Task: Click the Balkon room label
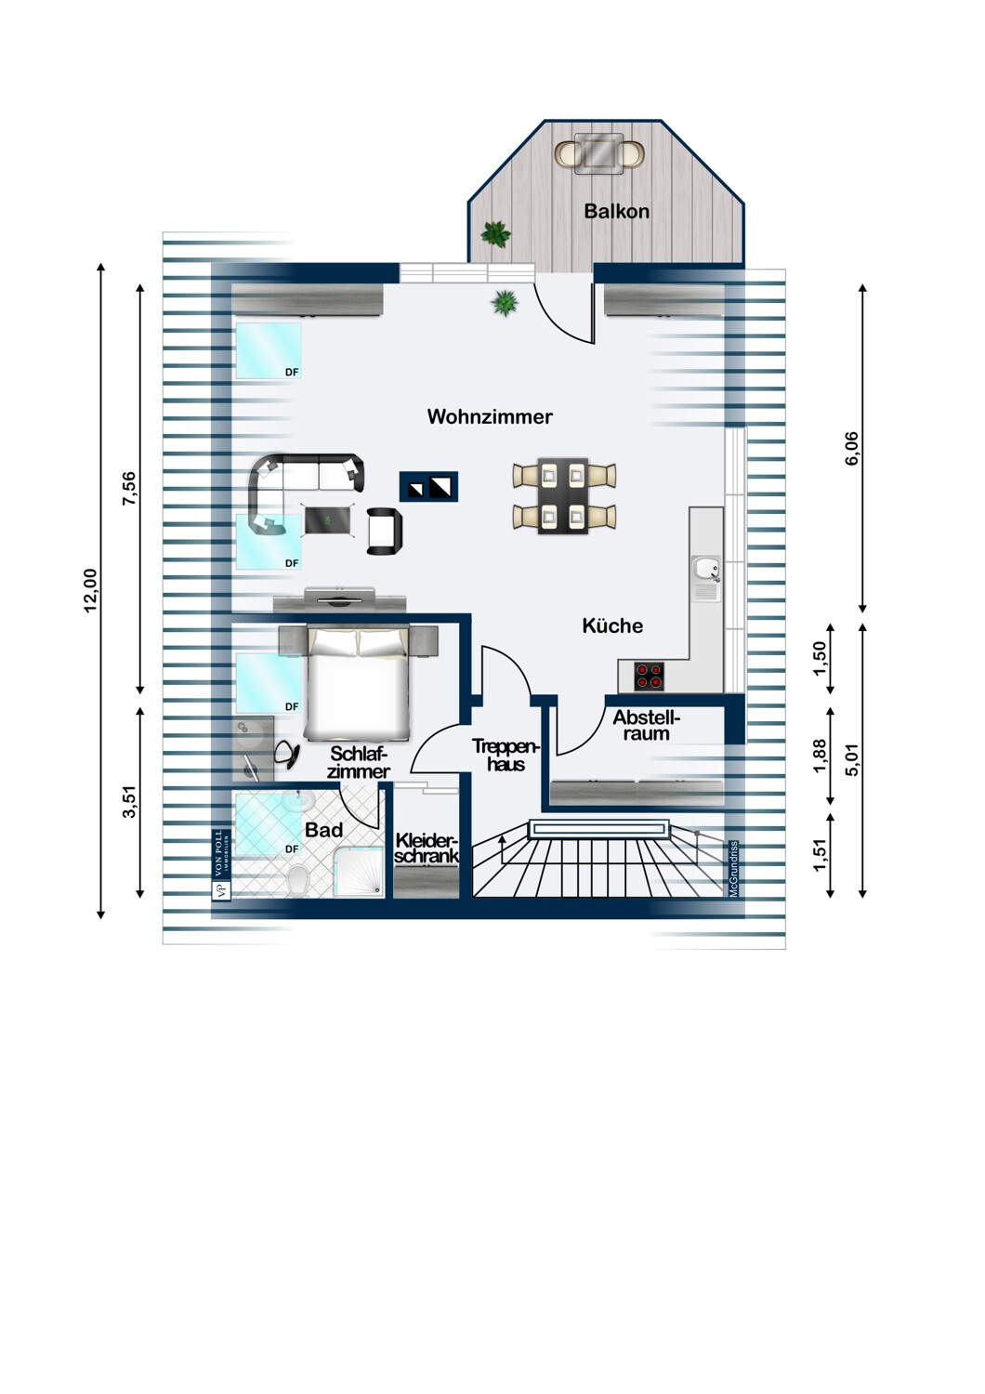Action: pyautogui.click(x=616, y=212)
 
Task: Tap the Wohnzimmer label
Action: pyautogui.click(x=490, y=417)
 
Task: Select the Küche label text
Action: pyautogui.click(x=612, y=626)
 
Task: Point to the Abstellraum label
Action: pyautogui.click(x=647, y=726)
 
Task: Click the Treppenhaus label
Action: pyautogui.click(x=506, y=755)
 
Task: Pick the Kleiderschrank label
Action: pyautogui.click(x=427, y=848)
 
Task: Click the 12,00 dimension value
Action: pyautogui.click(x=91, y=590)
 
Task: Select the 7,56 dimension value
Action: pyautogui.click(x=129, y=489)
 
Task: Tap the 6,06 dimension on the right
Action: pyautogui.click(x=852, y=448)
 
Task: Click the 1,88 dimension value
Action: pyautogui.click(x=820, y=756)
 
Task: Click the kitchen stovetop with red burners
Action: pyautogui.click(x=649, y=677)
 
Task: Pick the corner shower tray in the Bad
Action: pyautogui.click(x=359, y=872)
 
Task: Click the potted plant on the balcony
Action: pyautogui.click(x=495, y=234)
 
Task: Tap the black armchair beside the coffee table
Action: pyautogui.click(x=384, y=531)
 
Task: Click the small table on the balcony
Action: pyautogui.click(x=598, y=153)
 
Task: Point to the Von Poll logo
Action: pyautogui.click(x=221, y=864)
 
